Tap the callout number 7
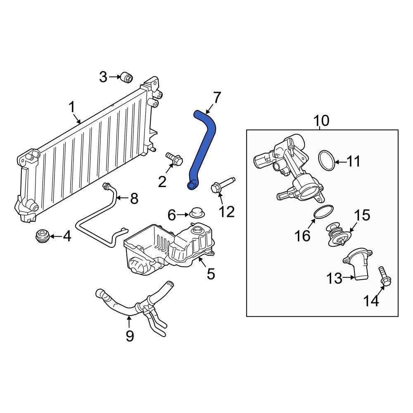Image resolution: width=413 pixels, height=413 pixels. [216, 98]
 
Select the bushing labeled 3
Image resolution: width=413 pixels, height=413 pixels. [127, 77]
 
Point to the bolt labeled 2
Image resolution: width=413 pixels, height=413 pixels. [174, 159]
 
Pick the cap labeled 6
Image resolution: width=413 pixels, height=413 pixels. [197, 212]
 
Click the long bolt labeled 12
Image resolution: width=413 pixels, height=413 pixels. [223, 185]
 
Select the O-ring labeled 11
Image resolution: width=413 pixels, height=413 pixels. [327, 160]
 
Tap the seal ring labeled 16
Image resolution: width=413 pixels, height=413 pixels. [323, 212]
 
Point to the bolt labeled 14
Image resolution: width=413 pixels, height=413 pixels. [385, 276]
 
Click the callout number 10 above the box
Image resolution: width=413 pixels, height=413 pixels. [321, 121]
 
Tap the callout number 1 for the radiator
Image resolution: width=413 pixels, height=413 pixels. [71, 108]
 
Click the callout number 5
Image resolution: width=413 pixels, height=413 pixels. [211, 273]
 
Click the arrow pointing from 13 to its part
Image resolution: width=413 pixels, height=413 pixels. [349, 278]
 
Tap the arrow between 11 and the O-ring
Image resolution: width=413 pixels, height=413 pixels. [341, 162]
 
